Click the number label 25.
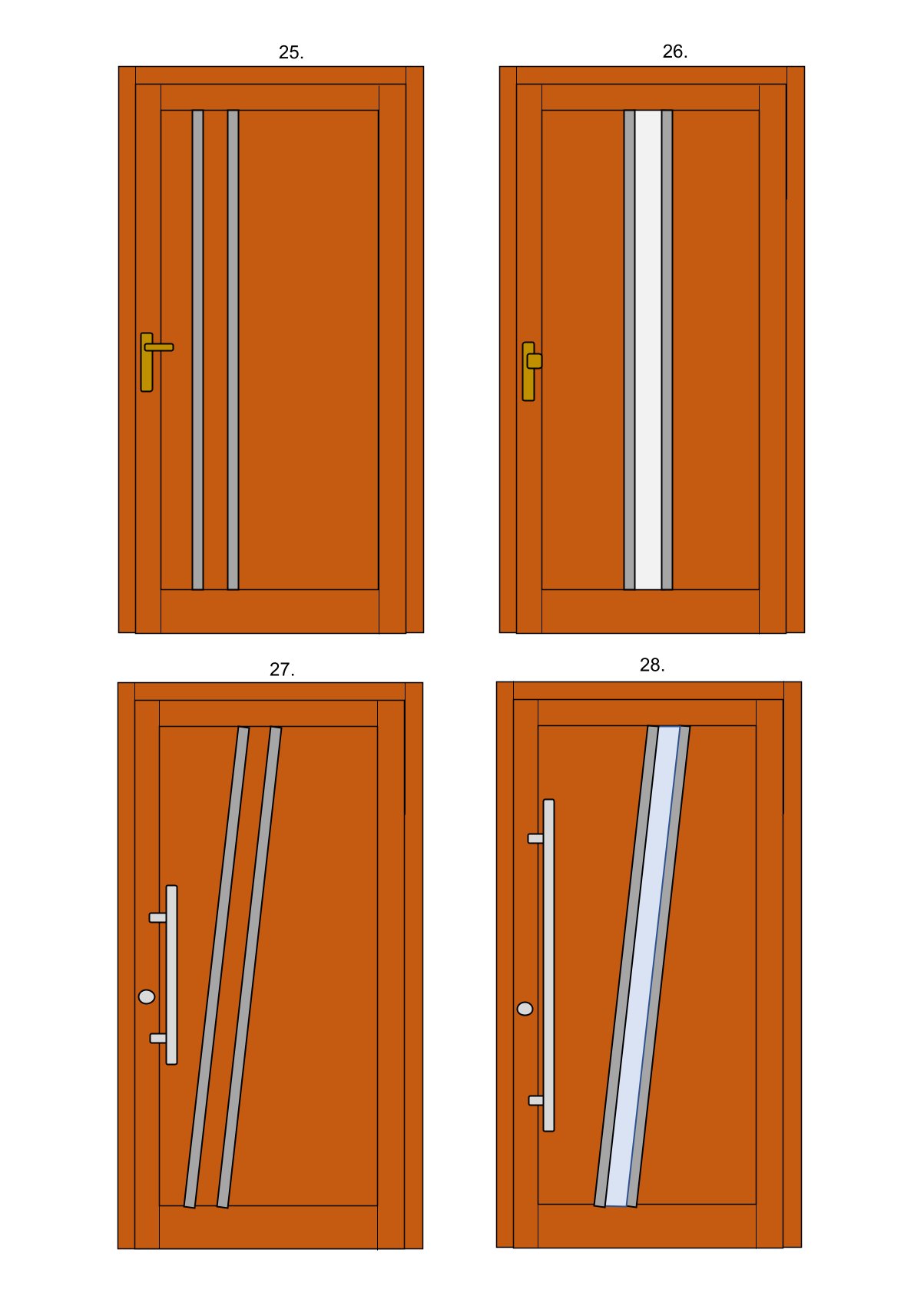click(x=291, y=52)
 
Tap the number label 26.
click(x=674, y=51)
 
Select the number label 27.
click(x=282, y=670)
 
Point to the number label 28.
click(x=652, y=665)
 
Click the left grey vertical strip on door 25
click(x=197, y=350)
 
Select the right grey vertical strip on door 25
click(x=233, y=350)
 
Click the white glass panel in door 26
click(x=648, y=350)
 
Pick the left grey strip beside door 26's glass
click(x=630, y=350)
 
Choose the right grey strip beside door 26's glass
click(x=667, y=350)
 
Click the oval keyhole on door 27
click(x=147, y=997)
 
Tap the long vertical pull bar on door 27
click(x=171, y=974)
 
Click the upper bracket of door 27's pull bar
click(x=157, y=917)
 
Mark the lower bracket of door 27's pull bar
click(x=158, y=1039)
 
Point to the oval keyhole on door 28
click(x=525, y=1009)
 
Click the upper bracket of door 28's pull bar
click(x=536, y=838)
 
